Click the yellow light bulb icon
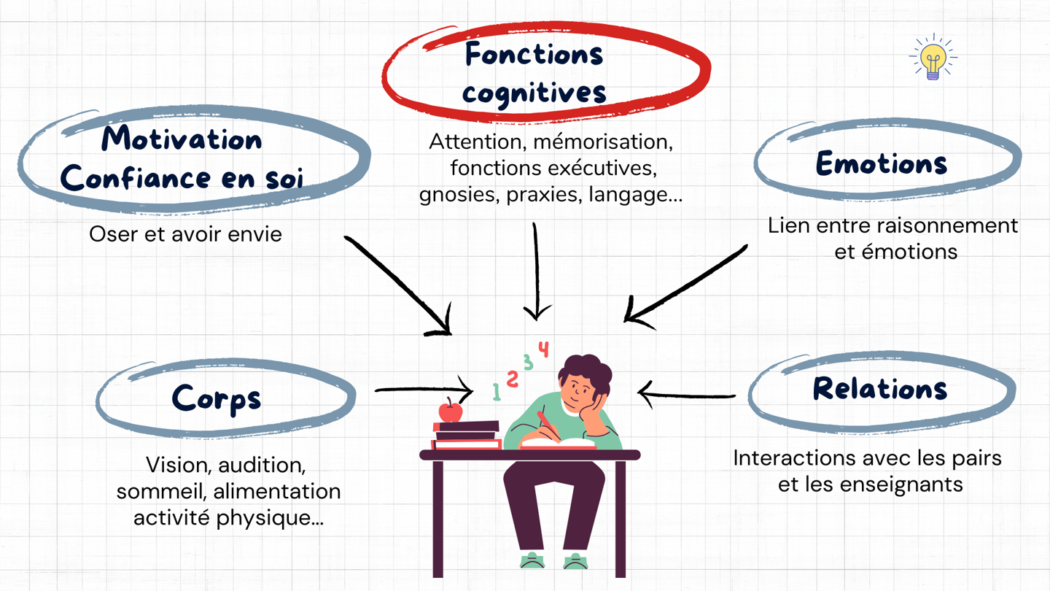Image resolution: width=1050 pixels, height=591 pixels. (933, 57)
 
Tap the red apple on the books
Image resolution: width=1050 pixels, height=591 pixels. (451, 412)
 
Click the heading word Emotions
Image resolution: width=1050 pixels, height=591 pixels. (881, 163)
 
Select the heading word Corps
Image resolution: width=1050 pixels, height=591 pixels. (217, 398)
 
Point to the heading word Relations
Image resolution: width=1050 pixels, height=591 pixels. (880, 389)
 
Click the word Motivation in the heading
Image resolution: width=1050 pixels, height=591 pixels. (182, 139)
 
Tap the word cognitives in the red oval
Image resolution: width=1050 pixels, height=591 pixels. (534, 93)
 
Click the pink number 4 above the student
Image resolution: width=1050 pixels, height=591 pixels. (543, 349)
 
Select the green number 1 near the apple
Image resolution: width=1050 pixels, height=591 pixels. (497, 392)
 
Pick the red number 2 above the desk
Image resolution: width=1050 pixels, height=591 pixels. (513, 378)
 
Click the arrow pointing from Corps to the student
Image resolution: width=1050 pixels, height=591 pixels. (423, 390)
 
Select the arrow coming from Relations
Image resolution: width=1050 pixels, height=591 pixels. (685, 395)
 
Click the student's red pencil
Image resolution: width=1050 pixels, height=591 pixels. (548, 426)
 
